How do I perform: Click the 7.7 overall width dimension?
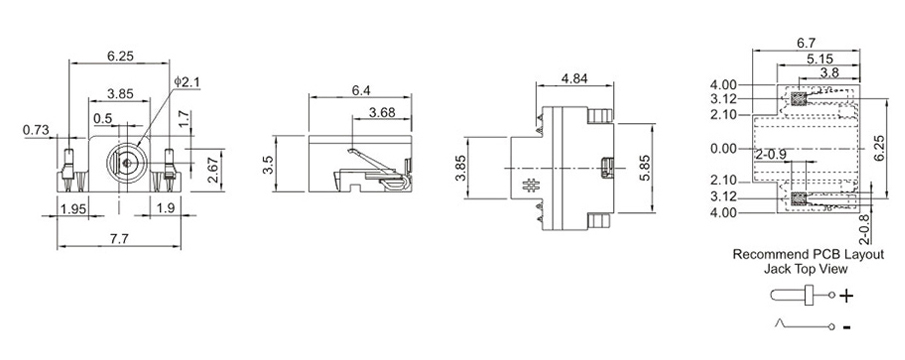point(119,239)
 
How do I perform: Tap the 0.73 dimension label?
point(36,130)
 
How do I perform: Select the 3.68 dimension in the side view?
point(382,112)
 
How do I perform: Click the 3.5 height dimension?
point(268,164)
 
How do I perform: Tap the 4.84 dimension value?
point(574,78)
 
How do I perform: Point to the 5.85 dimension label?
point(644,168)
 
